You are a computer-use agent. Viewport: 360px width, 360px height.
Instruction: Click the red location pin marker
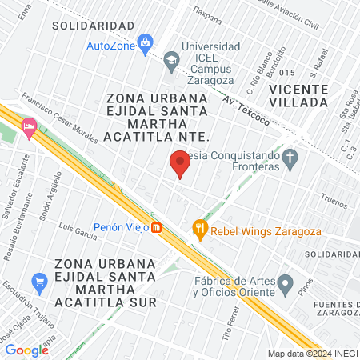click(x=179, y=163)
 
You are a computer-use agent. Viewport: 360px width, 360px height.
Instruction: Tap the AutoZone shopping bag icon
click(x=145, y=42)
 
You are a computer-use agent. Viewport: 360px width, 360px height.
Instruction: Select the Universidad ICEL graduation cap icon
click(x=170, y=59)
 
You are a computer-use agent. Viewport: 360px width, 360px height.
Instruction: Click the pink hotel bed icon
click(x=30, y=126)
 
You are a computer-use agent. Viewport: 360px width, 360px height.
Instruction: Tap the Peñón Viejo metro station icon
click(x=158, y=227)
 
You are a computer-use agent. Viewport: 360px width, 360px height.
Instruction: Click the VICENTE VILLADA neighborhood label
click(x=298, y=94)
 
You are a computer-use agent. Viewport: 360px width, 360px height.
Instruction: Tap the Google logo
click(x=26, y=350)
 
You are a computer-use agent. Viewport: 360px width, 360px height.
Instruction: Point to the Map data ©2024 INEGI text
click(x=312, y=354)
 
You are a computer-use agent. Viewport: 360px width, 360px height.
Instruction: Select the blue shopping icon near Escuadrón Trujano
click(x=38, y=282)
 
